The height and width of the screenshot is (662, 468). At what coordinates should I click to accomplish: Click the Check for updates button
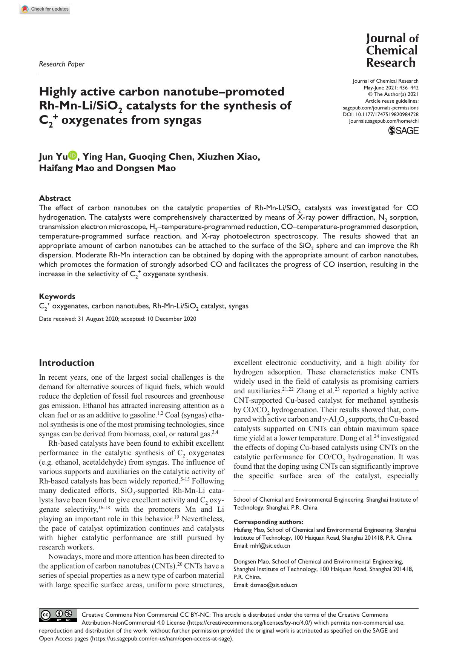click(45, 9)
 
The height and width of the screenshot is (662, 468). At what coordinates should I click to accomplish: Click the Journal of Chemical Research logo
click(392, 50)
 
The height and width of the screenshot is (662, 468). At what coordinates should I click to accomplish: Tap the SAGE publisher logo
click(403, 131)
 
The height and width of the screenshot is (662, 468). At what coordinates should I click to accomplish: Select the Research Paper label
click(61, 64)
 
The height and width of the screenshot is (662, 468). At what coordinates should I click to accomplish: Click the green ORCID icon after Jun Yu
click(72, 155)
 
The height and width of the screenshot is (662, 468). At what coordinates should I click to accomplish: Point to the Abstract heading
click(55, 198)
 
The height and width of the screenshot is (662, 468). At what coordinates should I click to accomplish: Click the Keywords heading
click(57, 296)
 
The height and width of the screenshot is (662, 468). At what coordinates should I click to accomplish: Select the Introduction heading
click(66, 363)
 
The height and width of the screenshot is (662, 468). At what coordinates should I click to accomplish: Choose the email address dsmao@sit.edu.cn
click(273, 585)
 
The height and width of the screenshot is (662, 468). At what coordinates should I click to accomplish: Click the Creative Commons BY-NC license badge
click(58, 615)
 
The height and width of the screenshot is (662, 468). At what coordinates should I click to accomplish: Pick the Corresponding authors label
click(268, 522)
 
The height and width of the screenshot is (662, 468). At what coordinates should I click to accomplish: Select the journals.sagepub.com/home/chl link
click(384, 121)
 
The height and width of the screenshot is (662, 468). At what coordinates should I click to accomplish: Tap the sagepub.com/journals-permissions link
click(381, 108)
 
